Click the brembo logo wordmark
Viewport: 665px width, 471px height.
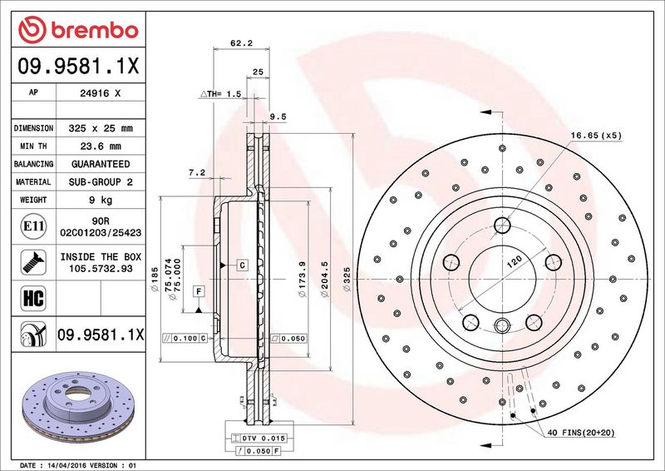click(95, 31)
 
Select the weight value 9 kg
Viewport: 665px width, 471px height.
click(101, 200)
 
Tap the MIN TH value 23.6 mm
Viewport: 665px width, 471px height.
click(101, 146)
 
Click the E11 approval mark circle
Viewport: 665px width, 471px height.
click(33, 226)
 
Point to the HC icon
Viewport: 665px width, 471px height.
click(33, 298)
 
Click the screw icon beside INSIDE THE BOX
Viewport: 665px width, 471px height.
click(33, 262)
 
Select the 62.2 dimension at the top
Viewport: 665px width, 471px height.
click(241, 42)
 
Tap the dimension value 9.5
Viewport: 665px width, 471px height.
click(278, 117)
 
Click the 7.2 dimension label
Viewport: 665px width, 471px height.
click(197, 172)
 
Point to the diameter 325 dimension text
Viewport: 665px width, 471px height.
click(347, 279)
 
